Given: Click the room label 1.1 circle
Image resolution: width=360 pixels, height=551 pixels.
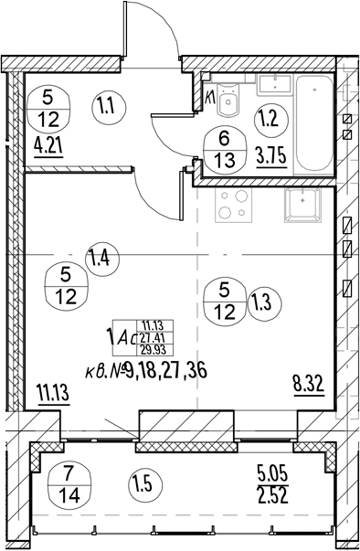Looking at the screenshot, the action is click(110, 105).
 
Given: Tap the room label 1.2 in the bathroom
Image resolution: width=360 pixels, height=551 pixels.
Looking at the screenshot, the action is click(270, 121).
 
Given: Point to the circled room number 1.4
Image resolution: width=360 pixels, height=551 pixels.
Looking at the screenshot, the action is click(102, 260).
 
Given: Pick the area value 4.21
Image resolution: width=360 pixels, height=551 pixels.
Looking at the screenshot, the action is click(48, 146).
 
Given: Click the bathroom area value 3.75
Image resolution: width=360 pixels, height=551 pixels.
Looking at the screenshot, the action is click(271, 157).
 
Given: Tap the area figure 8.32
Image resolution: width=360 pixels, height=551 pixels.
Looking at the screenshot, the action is click(308, 385).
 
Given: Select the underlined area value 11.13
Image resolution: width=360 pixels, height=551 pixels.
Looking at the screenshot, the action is click(53, 394).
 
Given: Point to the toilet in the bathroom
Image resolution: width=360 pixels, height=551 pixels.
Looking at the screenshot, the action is click(228, 101).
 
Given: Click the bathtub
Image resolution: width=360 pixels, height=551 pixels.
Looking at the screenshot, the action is click(314, 125).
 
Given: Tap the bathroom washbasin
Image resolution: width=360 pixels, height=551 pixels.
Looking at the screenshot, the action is click(275, 85).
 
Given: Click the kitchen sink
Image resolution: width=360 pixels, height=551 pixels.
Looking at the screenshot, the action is click(302, 205).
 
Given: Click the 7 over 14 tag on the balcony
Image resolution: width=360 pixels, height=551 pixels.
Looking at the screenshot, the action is click(69, 484).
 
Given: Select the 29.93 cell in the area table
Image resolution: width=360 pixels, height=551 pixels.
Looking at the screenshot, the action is click(154, 350).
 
